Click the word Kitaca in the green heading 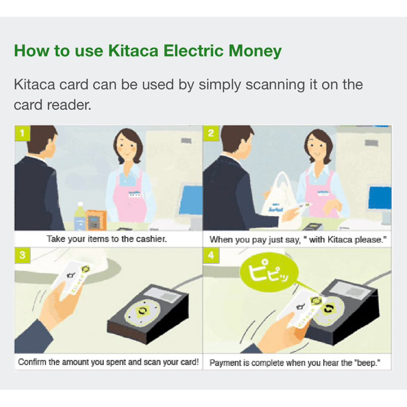133,50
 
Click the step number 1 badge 22,133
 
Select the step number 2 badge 211,133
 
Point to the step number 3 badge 22,255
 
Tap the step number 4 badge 211,255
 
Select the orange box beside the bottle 96,220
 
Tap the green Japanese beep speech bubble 269,272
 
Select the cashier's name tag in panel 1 135,194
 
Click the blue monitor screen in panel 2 380,198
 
